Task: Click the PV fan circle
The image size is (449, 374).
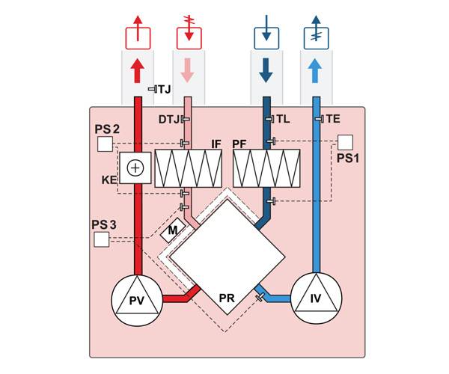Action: click(137, 301)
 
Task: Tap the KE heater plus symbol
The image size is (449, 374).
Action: click(135, 168)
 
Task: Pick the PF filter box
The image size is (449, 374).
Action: click(267, 168)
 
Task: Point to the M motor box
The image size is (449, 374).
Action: click(173, 231)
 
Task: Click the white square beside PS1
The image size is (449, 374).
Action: click(345, 141)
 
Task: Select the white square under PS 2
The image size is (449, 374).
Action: click(105, 144)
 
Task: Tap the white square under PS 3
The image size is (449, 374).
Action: click(101, 239)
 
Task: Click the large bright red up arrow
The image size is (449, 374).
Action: click(136, 72)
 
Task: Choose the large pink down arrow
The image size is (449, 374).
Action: click(187, 72)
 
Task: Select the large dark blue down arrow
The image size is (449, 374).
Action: click(265, 72)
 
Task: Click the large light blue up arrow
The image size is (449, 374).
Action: click(315, 72)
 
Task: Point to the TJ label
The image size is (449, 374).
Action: click(164, 90)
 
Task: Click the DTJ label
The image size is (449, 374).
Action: click(169, 119)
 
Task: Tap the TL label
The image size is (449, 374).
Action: click(282, 119)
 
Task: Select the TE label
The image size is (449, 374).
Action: click(332, 119)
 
